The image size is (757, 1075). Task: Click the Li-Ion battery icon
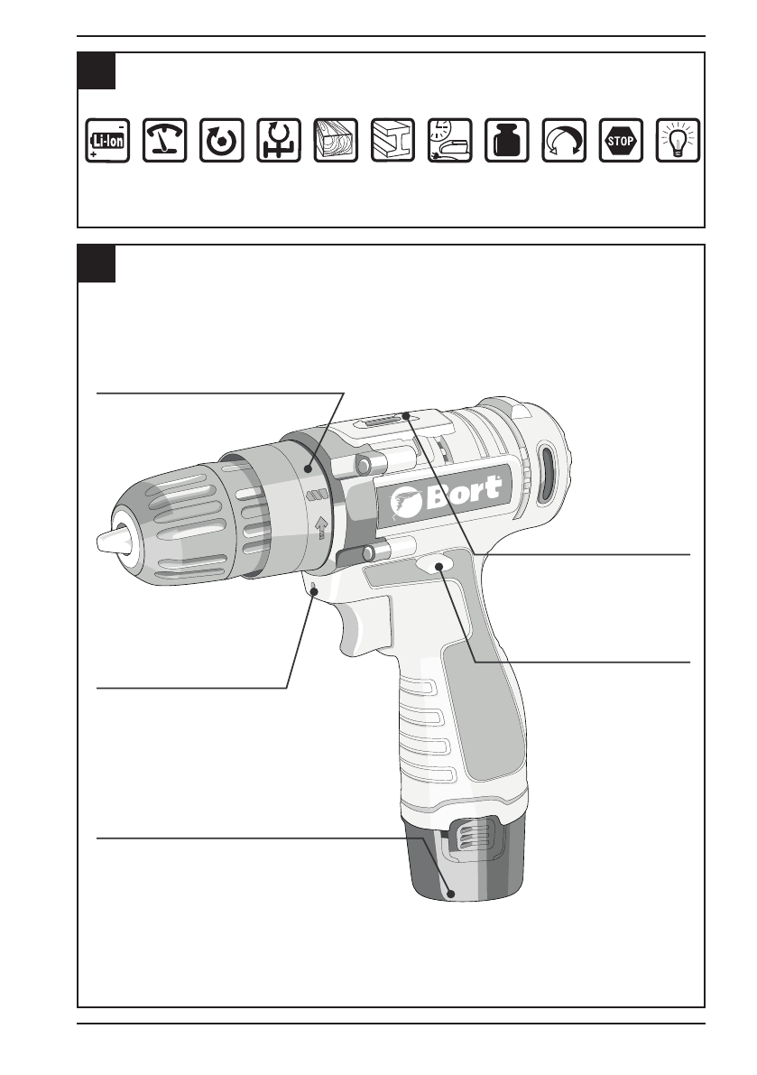[x=107, y=141]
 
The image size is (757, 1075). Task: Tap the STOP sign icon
[x=621, y=141]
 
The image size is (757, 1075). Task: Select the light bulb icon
[x=678, y=141]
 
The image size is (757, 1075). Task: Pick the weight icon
[x=507, y=141]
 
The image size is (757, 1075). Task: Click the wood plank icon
[x=336, y=141]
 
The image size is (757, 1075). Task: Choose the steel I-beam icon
[x=392, y=141]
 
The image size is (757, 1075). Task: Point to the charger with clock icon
[x=450, y=141]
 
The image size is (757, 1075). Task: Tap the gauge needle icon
[x=164, y=141]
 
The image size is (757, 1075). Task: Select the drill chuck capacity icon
[x=279, y=141]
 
